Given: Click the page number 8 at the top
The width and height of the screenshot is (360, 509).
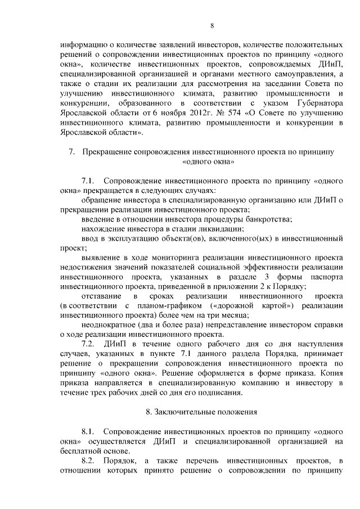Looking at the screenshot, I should (x=212, y=25).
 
